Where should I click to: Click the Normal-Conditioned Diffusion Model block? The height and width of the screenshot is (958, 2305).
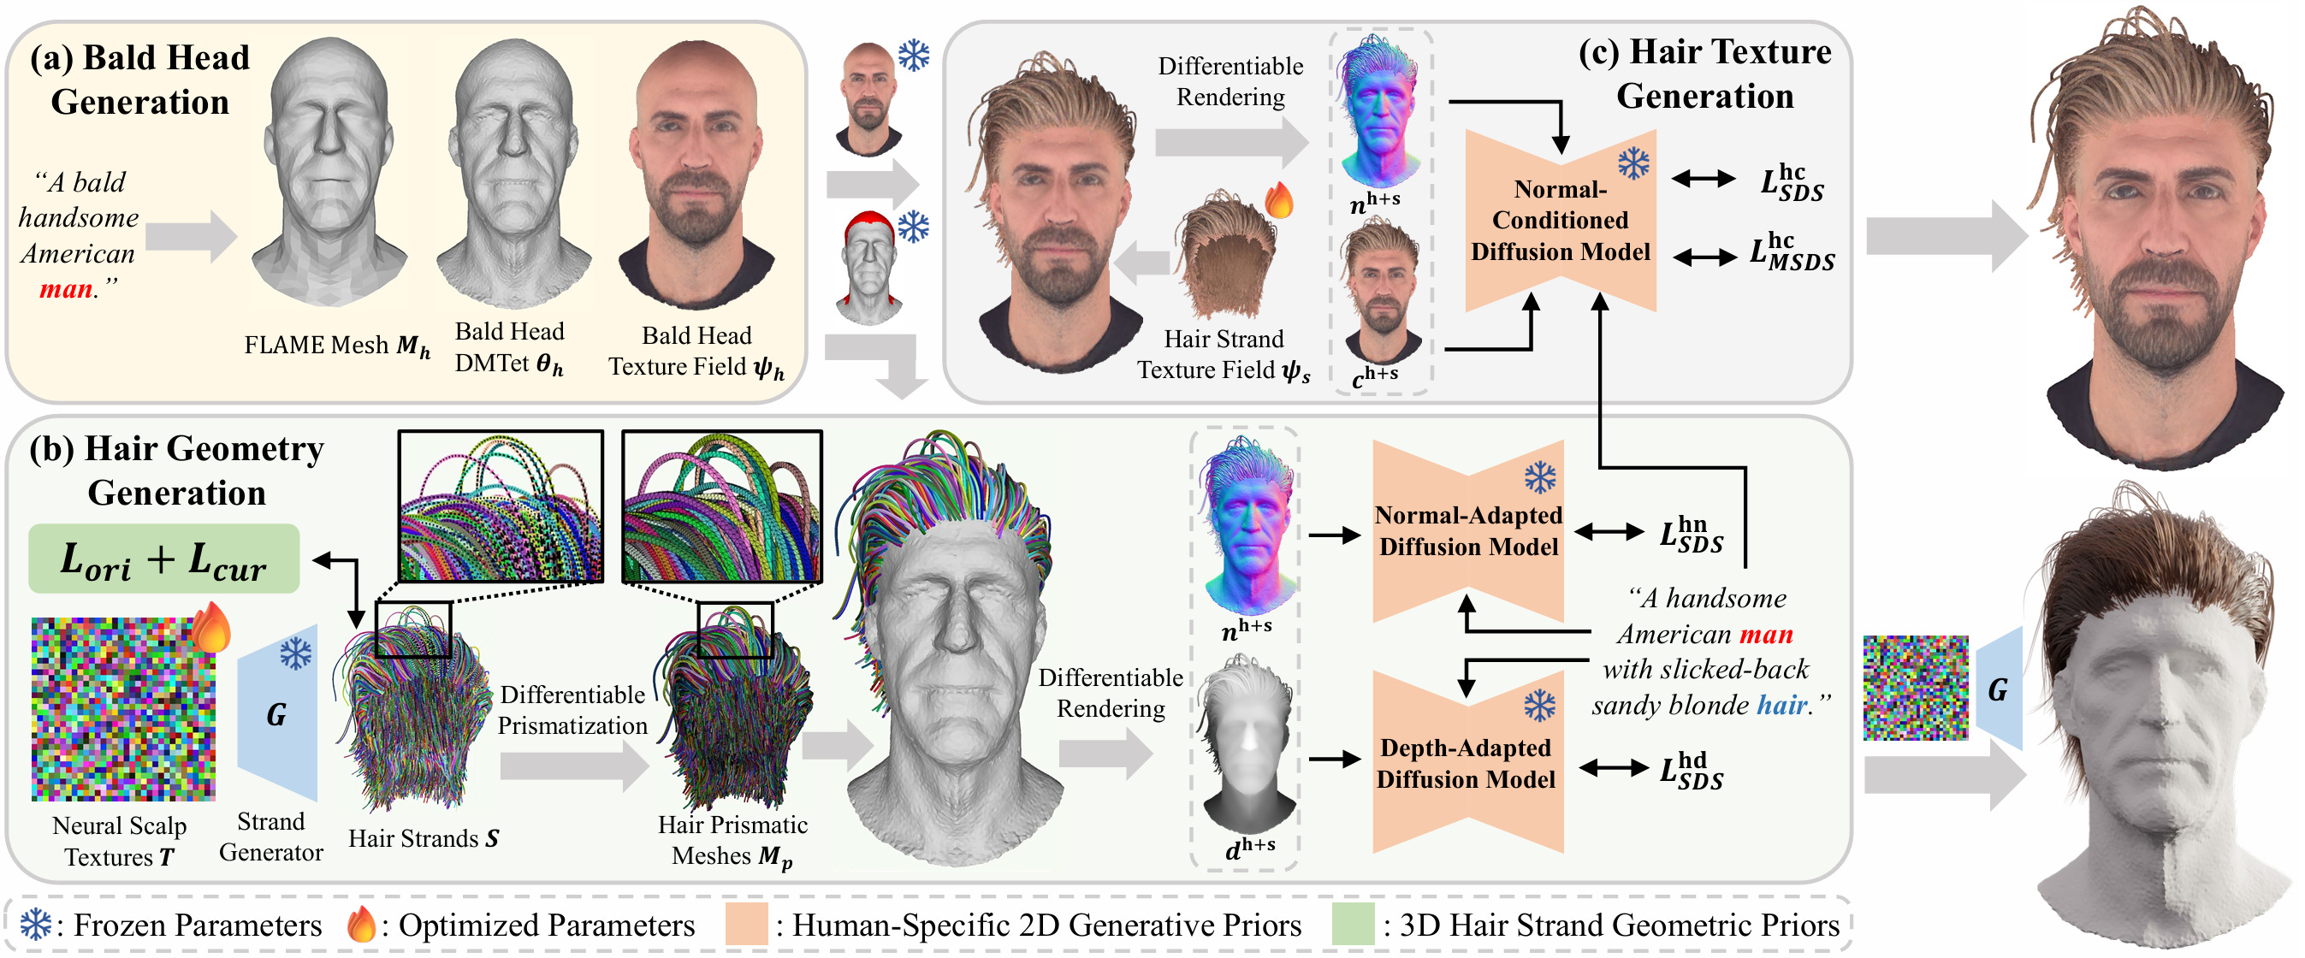click(1560, 221)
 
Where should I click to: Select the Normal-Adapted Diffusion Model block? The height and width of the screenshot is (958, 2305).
click(1467, 531)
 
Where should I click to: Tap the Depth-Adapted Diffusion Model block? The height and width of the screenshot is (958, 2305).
click(1467, 763)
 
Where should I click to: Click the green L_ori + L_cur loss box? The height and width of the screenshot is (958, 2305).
click(163, 559)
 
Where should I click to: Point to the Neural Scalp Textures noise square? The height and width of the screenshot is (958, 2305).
click(122, 709)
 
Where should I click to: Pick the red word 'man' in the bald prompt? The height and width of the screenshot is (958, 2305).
click(65, 289)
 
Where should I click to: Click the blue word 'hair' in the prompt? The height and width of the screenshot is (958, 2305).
click(1781, 705)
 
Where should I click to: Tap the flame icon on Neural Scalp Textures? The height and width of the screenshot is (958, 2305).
click(211, 627)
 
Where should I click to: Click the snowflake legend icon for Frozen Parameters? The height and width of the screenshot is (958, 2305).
click(35, 925)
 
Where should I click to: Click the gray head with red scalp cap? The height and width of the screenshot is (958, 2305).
click(868, 268)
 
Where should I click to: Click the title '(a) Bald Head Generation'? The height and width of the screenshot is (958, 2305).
click(140, 80)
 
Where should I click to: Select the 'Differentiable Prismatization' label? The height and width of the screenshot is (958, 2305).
click(572, 709)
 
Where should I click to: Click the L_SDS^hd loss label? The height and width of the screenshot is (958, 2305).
click(1692, 770)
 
